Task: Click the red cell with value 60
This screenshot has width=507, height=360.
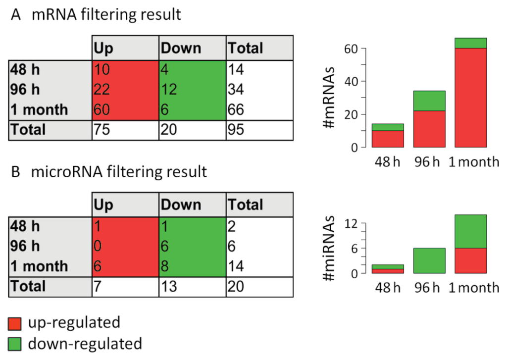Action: (125, 109)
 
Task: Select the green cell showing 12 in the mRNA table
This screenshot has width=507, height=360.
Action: (192, 89)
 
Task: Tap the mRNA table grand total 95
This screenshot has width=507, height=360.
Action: (259, 130)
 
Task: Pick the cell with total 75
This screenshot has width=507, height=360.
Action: (125, 130)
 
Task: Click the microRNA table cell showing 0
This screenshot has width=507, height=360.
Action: (125, 246)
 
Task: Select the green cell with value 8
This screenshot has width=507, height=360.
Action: (192, 266)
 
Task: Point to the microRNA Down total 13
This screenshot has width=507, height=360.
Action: (192, 286)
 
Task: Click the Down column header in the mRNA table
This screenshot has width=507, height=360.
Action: (192, 48)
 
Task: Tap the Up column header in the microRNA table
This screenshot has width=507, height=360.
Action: (125, 205)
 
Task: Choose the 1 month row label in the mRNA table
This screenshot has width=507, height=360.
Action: (50, 109)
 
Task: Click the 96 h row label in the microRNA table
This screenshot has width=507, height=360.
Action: (50, 246)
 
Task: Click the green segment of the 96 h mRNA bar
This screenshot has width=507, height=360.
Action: (429, 101)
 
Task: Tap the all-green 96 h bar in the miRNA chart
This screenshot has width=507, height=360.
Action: (429, 260)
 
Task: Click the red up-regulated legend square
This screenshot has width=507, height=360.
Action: (15, 323)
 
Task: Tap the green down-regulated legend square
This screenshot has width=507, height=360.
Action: (15, 343)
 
